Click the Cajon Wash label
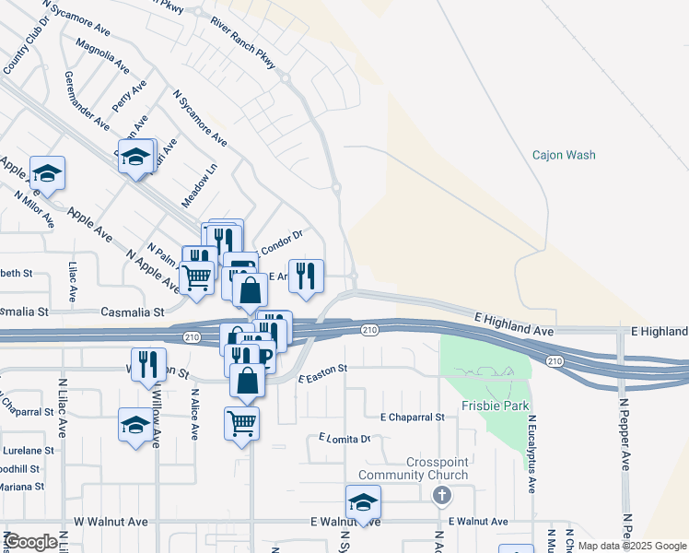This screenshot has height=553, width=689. [564, 155]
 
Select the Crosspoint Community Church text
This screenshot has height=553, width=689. [438, 468]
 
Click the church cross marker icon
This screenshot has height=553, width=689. [442, 496]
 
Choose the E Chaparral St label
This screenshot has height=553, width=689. [413, 417]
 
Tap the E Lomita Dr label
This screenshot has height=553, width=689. [344, 438]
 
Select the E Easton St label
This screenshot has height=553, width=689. [322, 371]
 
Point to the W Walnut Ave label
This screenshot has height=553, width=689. [111, 522]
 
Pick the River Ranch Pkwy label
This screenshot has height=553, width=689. [242, 42]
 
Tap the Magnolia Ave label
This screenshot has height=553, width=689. [103, 56]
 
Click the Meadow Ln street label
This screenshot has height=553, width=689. [199, 184]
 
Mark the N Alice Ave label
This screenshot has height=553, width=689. [195, 415]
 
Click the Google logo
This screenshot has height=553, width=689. [30, 541]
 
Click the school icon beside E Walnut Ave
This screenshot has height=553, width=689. [363, 501]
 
